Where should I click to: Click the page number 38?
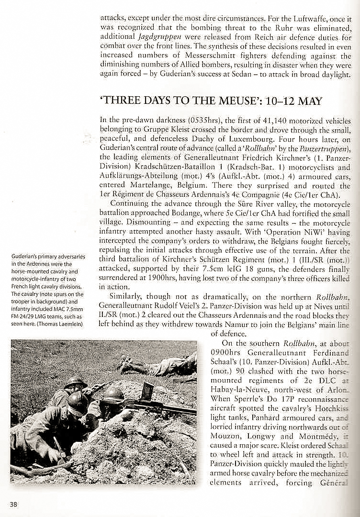tap(13, 503)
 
